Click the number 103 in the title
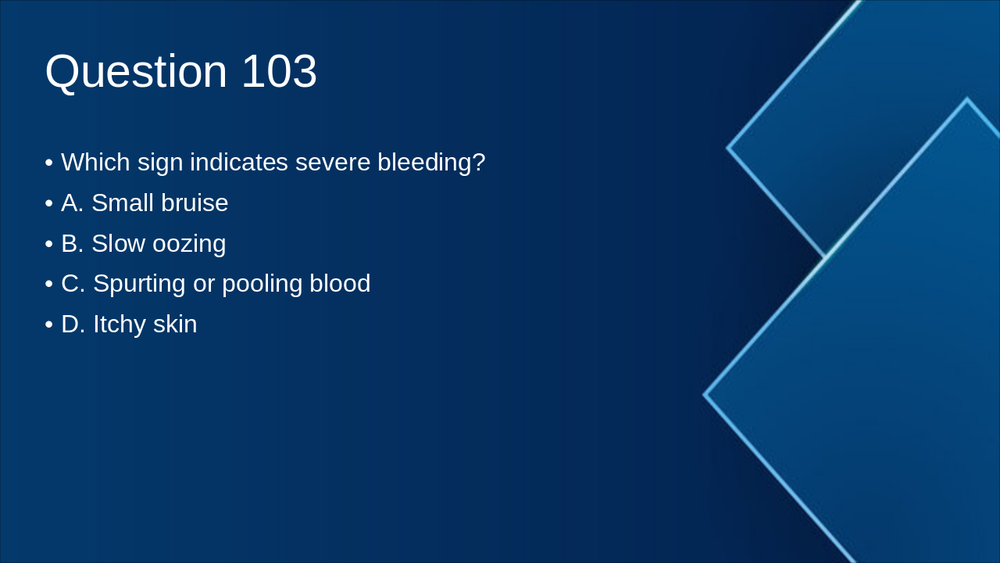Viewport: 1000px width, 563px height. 279,72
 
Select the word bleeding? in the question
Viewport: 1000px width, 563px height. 431,163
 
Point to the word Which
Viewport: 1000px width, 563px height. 95,163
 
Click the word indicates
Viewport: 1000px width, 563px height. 239,163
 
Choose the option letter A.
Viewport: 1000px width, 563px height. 71,203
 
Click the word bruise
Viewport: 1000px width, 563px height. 195,203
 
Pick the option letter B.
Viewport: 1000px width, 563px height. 71,244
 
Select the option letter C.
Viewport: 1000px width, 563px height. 72,284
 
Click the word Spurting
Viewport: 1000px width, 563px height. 139,285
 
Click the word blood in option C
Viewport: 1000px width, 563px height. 340,284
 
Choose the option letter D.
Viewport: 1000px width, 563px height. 72,325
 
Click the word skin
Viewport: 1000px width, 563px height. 175,325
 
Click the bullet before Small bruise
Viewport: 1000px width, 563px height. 49,203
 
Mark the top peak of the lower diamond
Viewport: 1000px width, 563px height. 966,100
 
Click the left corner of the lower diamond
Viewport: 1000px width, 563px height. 705,395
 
